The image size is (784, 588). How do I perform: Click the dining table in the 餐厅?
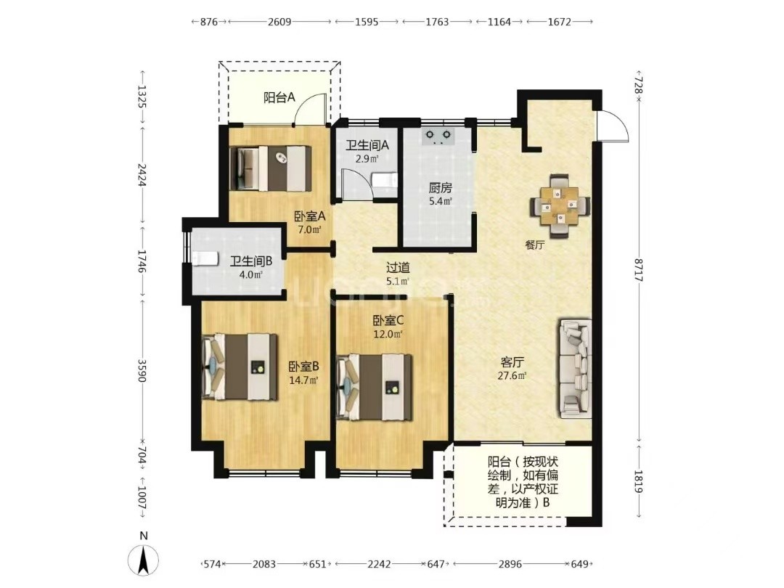click(x=560, y=205)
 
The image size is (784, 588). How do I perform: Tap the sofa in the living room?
click(x=575, y=369)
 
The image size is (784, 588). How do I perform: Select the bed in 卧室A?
click(x=271, y=168)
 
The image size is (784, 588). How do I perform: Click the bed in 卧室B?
click(x=240, y=367)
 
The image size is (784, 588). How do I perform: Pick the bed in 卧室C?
click(x=375, y=388)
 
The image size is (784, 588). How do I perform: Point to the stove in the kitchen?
click(x=438, y=136)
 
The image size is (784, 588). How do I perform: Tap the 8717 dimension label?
click(x=638, y=270)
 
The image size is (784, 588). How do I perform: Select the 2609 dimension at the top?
click(x=279, y=22)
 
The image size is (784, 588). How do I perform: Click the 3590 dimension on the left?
click(x=142, y=370)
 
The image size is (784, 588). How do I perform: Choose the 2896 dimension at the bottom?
click(x=510, y=564)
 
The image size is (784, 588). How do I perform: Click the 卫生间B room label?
click(x=251, y=261)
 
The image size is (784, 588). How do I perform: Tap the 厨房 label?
click(x=441, y=188)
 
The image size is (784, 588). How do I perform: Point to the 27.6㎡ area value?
click(x=512, y=375)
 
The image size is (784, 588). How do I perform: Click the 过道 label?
click(x=398, y=268)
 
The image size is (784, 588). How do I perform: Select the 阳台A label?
click(x=279, y=97)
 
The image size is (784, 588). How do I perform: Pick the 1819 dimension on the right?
click(x=638, y=481)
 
